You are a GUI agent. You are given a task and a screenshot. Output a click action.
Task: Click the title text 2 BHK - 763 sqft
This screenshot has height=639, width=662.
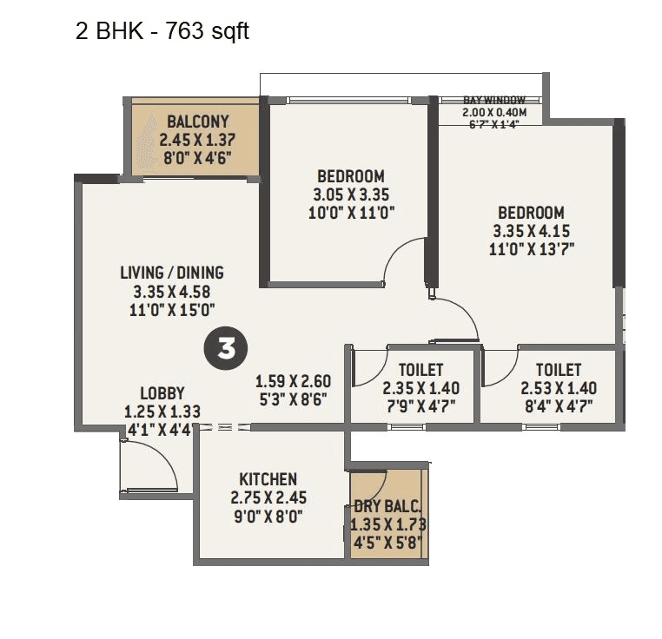(x=163, y=32)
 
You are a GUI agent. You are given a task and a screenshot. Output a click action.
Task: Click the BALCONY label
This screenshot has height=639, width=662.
(x=198, y=122)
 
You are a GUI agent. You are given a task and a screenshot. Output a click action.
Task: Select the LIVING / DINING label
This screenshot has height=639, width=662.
(x=172, y=273)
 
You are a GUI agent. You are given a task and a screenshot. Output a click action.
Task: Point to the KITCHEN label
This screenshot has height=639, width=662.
(x=268, y=479)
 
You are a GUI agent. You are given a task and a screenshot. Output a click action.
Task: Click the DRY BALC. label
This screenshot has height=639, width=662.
(x=387, y=507)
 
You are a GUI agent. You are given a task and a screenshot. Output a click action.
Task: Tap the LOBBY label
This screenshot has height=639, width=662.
(x=162, y=393)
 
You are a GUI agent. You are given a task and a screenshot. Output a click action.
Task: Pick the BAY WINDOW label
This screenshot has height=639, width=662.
(x=494, y=101)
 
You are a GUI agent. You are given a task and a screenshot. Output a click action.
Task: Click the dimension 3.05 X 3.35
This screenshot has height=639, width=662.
(x=350, y=194)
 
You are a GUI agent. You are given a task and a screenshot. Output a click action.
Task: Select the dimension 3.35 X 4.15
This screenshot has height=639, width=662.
(x=531, y=231)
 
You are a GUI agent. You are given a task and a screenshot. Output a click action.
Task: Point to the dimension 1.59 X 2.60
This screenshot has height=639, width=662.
(x=293, y=380)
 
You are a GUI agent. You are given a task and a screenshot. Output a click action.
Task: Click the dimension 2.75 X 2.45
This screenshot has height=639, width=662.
(x=268, y=498)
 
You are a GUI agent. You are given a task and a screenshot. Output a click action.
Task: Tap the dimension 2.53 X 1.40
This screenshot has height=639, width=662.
(x=559, y=388)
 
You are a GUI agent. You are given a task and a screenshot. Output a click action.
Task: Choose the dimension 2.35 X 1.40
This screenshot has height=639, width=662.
(x=421, y=388)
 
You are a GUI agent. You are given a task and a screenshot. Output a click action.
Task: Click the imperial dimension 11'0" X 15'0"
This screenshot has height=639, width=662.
(x=172, y=309)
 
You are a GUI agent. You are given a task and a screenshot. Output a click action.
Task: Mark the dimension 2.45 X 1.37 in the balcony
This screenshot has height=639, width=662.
(x=198, y=139)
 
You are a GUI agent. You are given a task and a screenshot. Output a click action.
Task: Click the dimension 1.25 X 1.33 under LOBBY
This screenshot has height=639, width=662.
(x=162, y=411)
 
